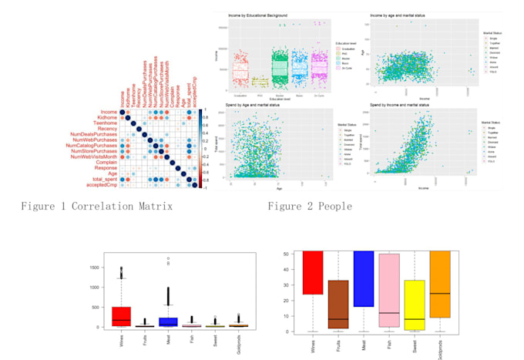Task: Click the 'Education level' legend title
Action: point(339,44)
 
